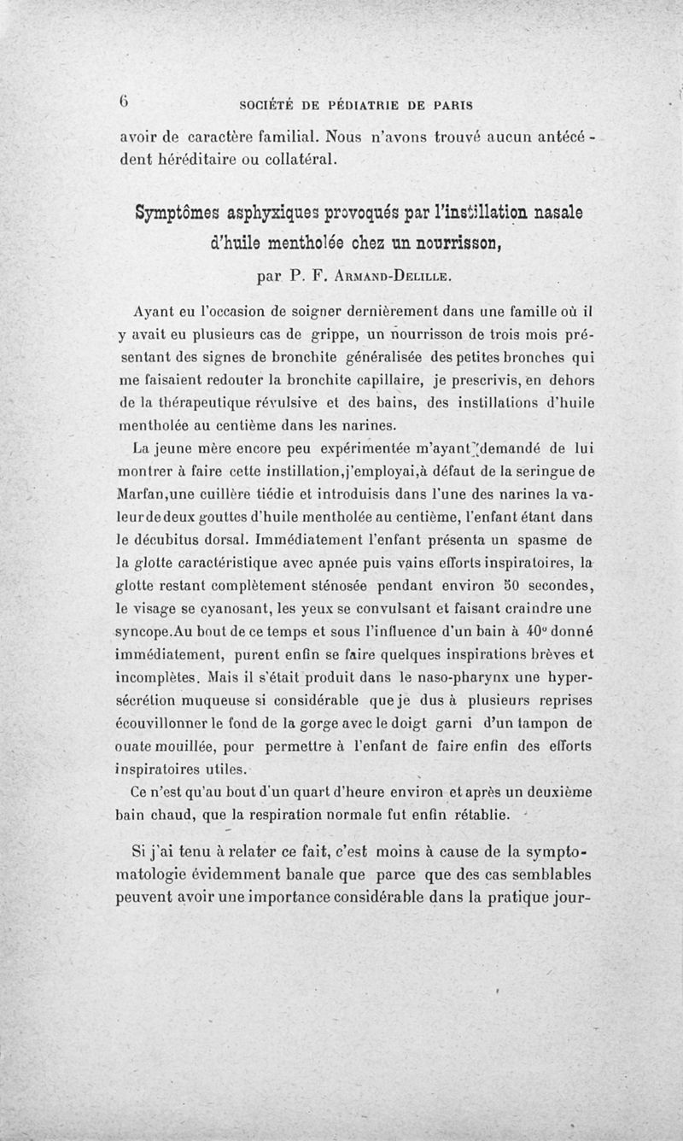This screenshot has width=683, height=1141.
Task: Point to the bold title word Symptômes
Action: click(x=173, y=211)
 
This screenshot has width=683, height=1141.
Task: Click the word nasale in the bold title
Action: click(x=522, y=211)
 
